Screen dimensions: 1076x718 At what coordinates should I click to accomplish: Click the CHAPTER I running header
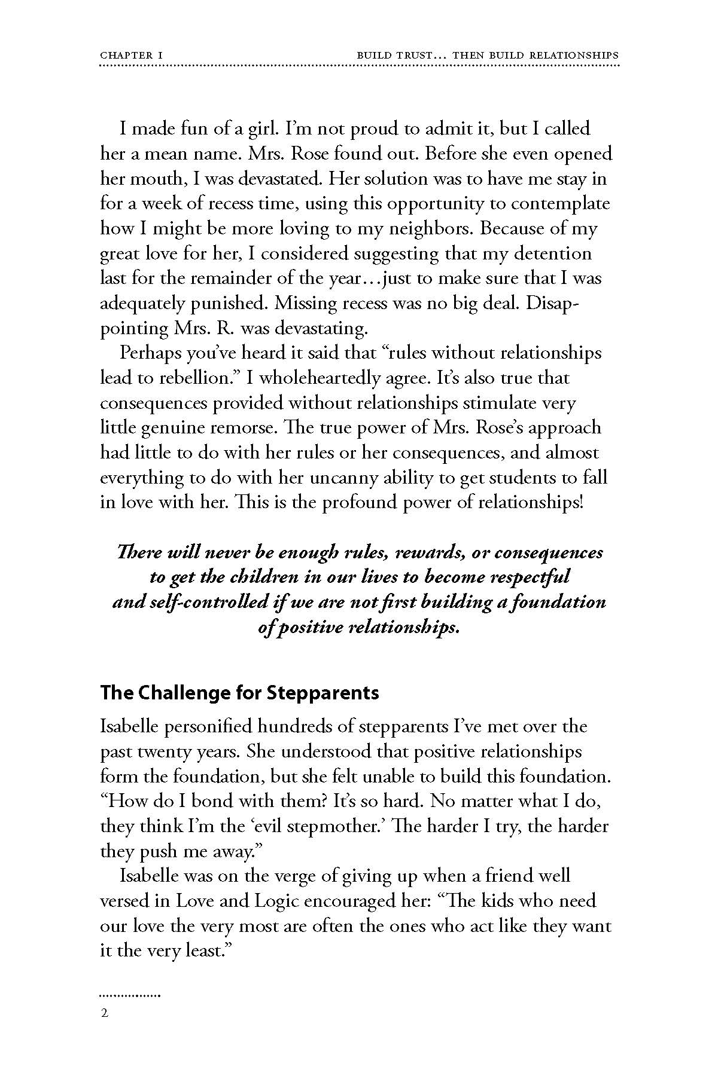(x=132, y=55)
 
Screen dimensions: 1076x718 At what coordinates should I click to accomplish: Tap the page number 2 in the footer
(x=105, y=1013)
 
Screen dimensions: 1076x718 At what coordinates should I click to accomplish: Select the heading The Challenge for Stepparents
(x=239, y=693)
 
